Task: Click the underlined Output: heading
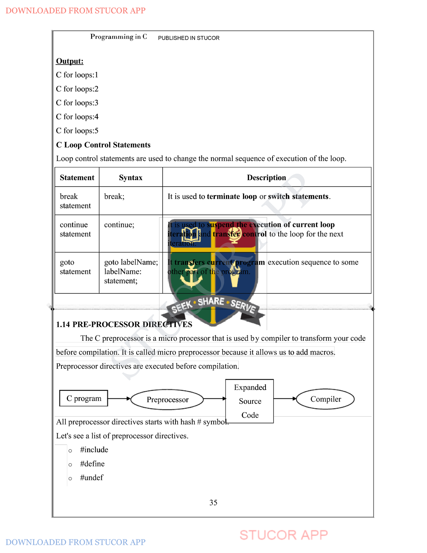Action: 70,61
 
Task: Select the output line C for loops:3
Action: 77,103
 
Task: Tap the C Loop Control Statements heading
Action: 103,145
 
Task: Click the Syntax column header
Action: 131,178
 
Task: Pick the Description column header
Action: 267,178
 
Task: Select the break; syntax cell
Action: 114,197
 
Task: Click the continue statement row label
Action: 75,229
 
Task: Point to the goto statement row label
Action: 75,267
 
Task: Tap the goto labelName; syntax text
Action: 131,262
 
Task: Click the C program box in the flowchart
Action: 84,398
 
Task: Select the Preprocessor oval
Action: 167,400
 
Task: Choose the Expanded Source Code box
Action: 250,401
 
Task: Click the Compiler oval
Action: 325,399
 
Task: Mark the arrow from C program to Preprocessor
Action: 119,398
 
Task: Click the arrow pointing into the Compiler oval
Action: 285,398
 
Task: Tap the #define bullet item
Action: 92,464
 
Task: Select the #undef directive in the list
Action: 91,478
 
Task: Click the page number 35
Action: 213,502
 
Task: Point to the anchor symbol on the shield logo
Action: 191,277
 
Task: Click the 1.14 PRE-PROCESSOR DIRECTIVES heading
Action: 124,324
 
